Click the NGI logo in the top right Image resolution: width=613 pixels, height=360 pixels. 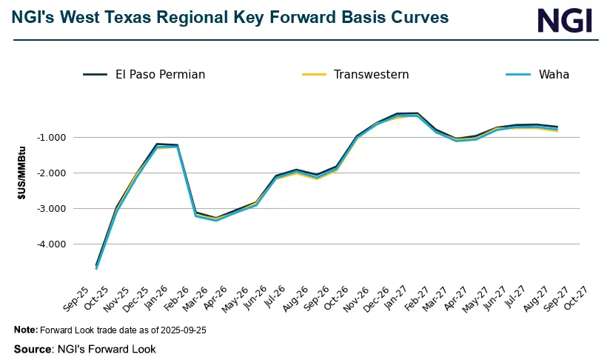point(565,20)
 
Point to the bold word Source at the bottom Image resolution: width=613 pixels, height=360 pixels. point(33,349)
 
